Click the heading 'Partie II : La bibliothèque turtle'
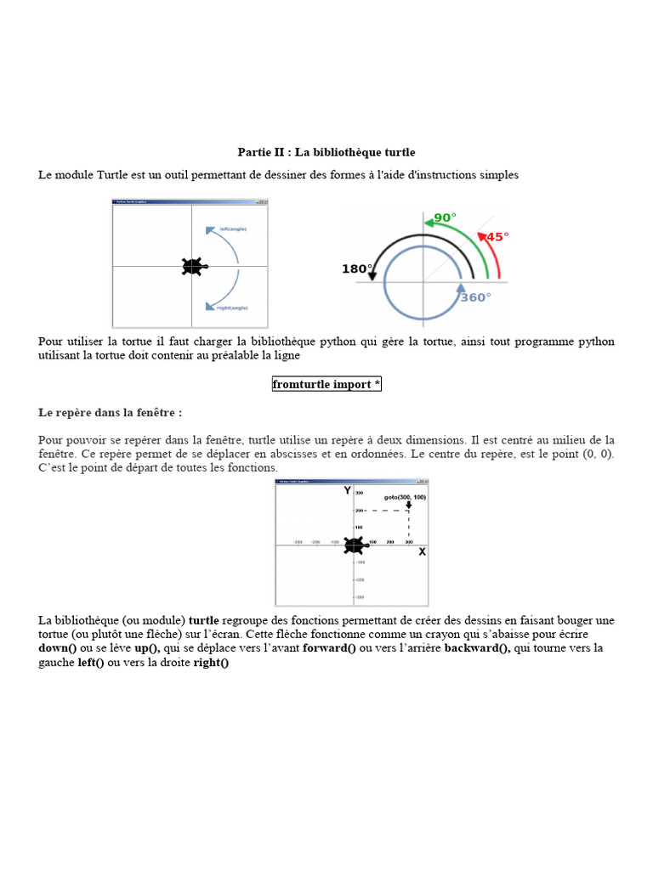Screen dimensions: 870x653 pos(326,152)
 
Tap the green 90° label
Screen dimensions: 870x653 pos(445,217)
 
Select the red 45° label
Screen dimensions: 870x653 pos(496,237)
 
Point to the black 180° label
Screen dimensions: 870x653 pos(356,268)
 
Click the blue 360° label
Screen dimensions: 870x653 pos(475,297)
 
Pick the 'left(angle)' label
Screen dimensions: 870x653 pos(233,229)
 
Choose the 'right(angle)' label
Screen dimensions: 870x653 pos(233,307)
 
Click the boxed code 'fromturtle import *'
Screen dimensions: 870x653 pos(326,385)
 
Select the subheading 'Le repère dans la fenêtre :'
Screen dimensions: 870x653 pos(111,412)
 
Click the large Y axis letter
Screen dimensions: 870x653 pos(347,490)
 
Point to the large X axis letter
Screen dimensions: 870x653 pos(422,552)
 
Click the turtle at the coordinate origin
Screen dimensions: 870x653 pos(353,545)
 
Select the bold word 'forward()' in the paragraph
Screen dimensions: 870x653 pos(329,648)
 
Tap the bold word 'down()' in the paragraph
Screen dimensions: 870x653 pos(58,648)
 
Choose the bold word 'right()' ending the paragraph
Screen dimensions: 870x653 pos(212,663)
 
